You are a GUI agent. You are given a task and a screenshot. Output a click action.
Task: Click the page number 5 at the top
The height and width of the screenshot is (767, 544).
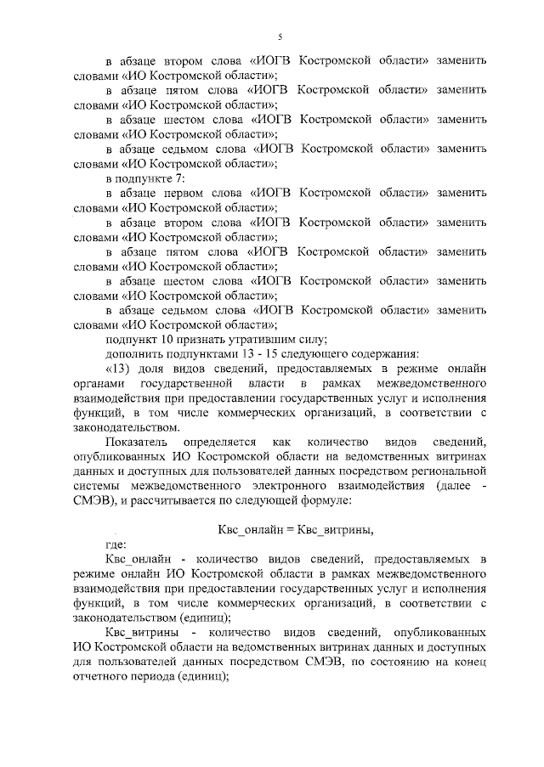pyautogui.click(x=280, y=36)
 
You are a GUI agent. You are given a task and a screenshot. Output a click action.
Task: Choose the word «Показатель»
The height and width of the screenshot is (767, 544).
pyautogui.click(x=137, y=443)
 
